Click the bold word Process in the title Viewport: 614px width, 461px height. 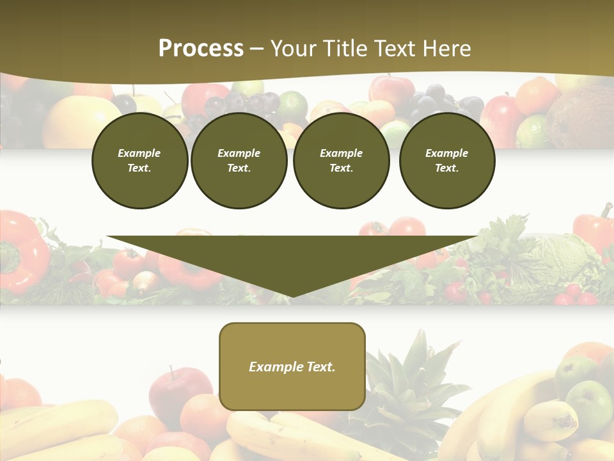[201, 49]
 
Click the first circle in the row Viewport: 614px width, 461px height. [139, 161]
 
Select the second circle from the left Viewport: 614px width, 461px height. [239, 161]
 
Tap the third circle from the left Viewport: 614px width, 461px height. [341, 161]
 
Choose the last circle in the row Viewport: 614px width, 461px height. [446, 161]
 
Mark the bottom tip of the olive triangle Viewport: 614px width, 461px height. [292, 296]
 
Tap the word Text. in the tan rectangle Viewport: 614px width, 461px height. [320, 367]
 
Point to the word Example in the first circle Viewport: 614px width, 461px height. [139, 153]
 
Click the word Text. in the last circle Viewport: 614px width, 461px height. [446, 168]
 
